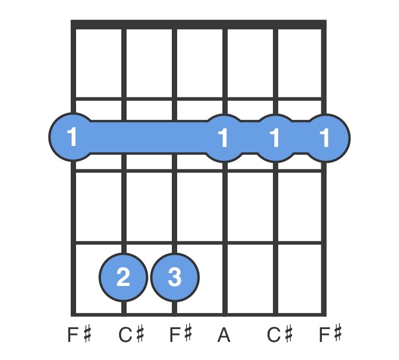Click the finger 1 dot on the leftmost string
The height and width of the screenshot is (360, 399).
tap(73, 137)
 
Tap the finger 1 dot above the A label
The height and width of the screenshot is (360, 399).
tap(224, 138)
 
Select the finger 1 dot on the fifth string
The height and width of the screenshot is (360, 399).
tap(276, 138)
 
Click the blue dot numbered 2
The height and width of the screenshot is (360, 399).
tap(123, 277)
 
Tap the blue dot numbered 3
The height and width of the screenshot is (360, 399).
tap(175, 277)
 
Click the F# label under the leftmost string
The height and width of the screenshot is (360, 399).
tap(79, 334)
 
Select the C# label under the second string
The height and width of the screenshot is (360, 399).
tap(131, 334)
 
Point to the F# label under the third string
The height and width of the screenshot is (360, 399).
tap(181, 334)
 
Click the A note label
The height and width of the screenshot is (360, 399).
tap(224, 334)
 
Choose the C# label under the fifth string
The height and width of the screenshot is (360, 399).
tap(280, 334)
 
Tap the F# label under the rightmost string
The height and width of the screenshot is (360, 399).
tap(330, 334)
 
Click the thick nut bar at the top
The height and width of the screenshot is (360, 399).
tap(198, 24)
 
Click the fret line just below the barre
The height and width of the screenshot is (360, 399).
tap(198, 170)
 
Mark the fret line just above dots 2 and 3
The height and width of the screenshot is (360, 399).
tap(198, 242)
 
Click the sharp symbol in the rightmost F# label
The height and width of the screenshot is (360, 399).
tap(338, 334)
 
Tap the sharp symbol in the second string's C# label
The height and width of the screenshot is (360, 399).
tap(139, 334)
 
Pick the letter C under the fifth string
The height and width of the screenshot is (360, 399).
tap(273, 334)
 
